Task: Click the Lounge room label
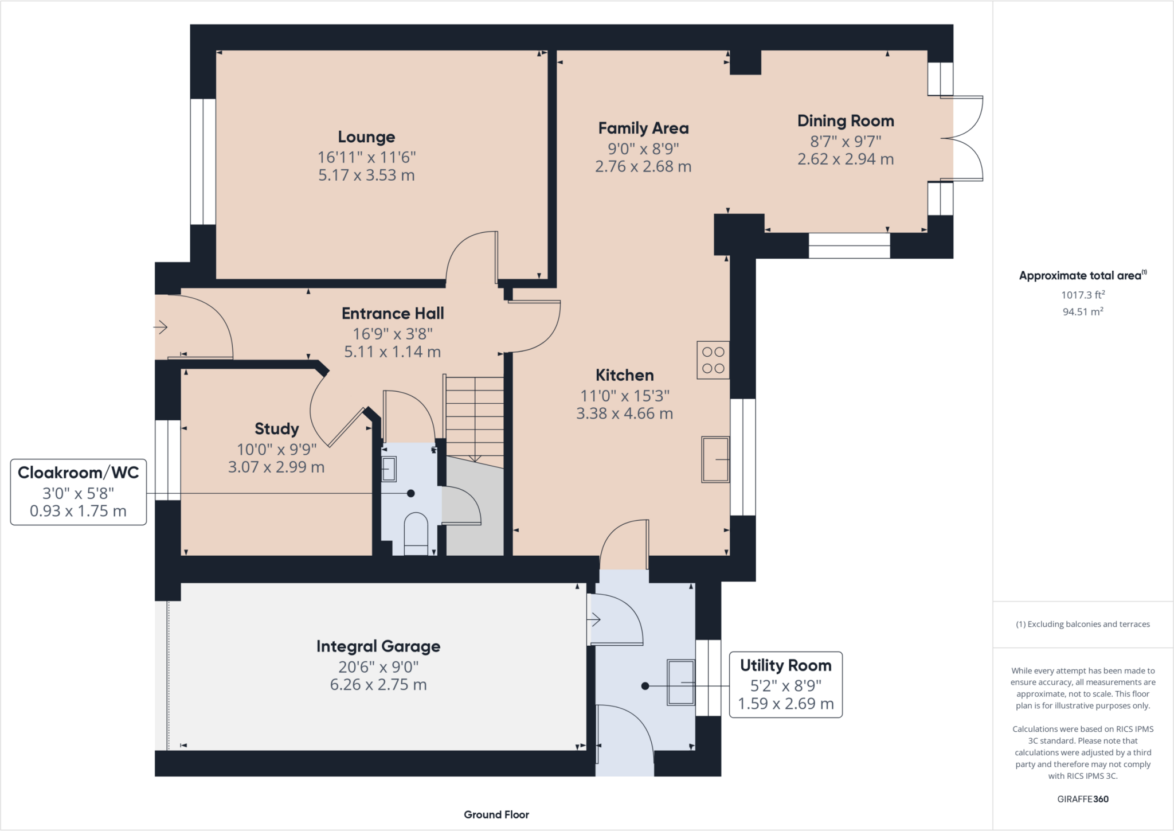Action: [x=366, y=137]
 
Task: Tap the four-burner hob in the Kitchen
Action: [x=713, y=360]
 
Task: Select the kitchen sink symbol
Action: [x=715, y=459]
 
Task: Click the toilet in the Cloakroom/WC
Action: [x=416, y=533]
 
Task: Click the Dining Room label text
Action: [x=846, y=121]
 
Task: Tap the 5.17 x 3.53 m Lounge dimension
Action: [x=366, y=175]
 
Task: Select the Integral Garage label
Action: [x=378, y=646]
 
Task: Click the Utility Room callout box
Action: [x=785, y=684]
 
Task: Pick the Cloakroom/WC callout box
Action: [x=79, y=492]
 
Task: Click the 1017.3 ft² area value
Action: [x=1083, y=295]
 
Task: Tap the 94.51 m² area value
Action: [x=1083, y=311]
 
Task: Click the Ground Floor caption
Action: [x=496, y=814]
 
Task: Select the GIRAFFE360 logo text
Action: [x=1083, y=799]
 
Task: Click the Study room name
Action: [x=276, y=429]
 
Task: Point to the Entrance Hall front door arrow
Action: [x=161, y=327]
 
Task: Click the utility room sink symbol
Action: [x=680, y=682]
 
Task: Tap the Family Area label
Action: [x=643, y=128]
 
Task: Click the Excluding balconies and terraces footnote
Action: [x=1083, y=624]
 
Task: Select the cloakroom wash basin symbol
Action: [x=389, y=469]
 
